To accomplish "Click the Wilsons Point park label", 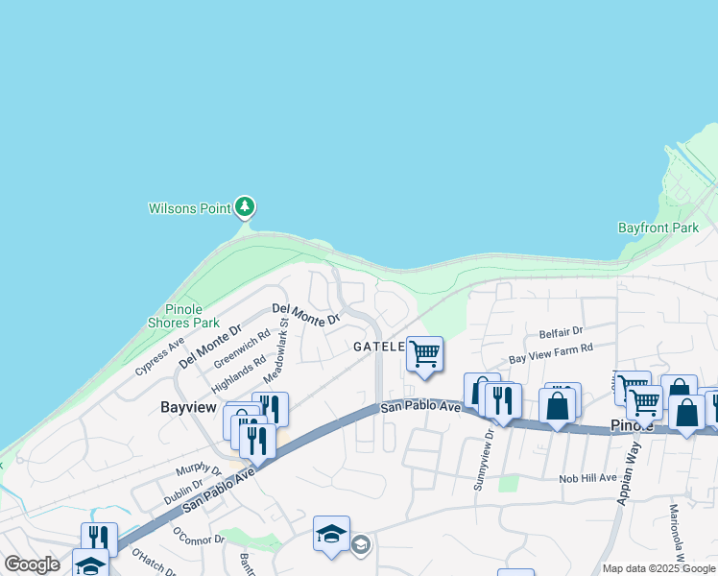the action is coord(191,207).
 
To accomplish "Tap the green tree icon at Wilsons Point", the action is coord(245,206).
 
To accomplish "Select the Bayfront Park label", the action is coord(658,228).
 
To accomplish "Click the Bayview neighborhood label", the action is coord(187,407).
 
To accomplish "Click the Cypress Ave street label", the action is coord(159,356).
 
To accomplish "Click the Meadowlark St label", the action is coord(276,346).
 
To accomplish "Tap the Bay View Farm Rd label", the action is coord(551,352).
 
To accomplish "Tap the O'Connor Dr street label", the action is coord(198,533).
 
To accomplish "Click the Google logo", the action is coord(32,564).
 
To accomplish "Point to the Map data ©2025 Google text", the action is coord(658,568).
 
